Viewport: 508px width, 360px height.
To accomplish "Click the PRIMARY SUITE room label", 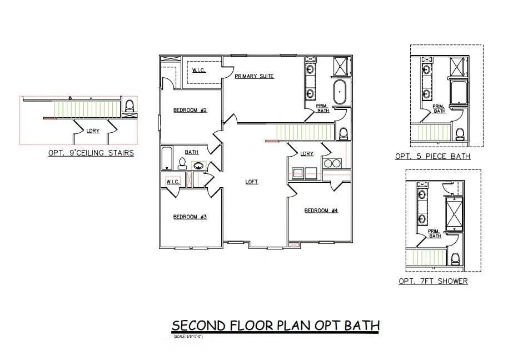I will click(254, 76).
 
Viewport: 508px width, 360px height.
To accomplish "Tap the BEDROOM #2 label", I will click(190, 110).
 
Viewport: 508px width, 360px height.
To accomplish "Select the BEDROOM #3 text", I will click(190, 217).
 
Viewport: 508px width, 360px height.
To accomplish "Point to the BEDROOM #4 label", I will click(321, 211).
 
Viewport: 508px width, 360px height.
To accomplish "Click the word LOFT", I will click(252, 182).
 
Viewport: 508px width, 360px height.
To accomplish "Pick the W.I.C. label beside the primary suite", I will click(199, 70).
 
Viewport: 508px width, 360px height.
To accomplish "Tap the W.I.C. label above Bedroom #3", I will click(172, 182).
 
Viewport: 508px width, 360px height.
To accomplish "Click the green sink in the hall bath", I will click(198, 165).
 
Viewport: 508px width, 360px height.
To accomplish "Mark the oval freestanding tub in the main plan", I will click(340, 92).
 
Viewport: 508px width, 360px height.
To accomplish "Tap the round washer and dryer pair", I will click(332, 163).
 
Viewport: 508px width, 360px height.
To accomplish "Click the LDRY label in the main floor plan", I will click(306, 154).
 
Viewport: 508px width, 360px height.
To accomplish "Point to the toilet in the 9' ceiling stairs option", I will click(130, 106).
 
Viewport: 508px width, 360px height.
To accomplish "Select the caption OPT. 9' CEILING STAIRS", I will click(91, 153).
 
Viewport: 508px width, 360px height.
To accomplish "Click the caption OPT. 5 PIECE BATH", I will click(432, 157).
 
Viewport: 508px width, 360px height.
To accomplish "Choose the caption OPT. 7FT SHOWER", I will click(433, 281).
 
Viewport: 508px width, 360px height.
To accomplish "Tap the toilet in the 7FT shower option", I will click(455, 259).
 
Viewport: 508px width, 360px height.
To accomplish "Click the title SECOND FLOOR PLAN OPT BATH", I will click(275, 325).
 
